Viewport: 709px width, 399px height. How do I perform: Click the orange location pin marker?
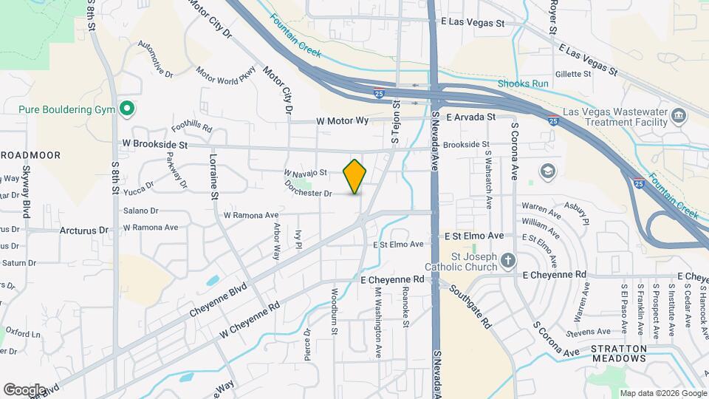[x=354, y=176]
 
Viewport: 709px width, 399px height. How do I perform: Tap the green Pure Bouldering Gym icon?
[x=126, y=109]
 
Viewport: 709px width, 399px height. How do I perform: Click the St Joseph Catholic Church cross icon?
[x=507, y=260]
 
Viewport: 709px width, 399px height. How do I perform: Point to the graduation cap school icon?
[x=547, y=171]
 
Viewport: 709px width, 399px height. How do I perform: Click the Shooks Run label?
[x=523, y=83]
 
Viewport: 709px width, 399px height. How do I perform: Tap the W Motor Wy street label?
[x=342, y=120]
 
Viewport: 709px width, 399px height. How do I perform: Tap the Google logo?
[x=24, y=389]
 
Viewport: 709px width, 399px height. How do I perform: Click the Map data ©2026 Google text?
[x=662, y=393]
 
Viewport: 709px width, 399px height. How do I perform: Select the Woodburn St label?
[x=334, y=312]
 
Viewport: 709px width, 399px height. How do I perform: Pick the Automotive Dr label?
[x=155, y=59]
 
